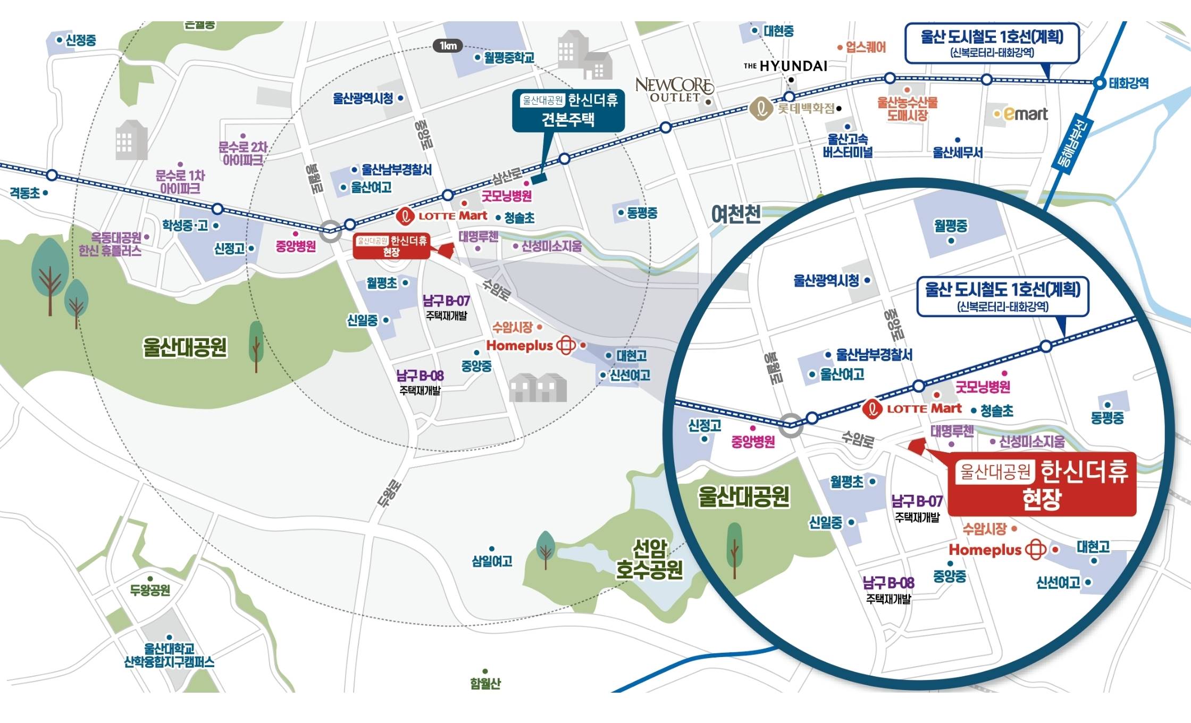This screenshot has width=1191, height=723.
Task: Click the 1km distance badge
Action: (448, 46)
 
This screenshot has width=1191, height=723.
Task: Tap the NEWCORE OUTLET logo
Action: (674, 90)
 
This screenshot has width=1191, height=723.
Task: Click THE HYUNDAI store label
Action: (785, 66)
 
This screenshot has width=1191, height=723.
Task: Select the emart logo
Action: (1025, 114)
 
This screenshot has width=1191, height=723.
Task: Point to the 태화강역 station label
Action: (1128, 83)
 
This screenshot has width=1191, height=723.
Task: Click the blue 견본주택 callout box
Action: (568, 110)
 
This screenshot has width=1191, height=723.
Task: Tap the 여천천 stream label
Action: (736, 214)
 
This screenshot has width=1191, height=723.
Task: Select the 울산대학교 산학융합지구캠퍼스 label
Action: (169, 655)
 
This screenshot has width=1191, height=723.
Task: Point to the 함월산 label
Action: (485, 683)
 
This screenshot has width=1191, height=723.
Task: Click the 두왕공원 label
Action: (150, 590)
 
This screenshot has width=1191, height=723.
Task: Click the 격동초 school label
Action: (25, 193)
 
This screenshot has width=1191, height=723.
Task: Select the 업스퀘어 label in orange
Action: (866, 47)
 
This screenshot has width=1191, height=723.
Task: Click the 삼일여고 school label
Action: (492, 561)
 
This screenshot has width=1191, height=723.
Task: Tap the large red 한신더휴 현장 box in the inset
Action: (1042, 484)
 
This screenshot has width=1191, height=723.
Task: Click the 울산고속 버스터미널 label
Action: (848, 146)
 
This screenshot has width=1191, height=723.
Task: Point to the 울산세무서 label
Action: (958, 152)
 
